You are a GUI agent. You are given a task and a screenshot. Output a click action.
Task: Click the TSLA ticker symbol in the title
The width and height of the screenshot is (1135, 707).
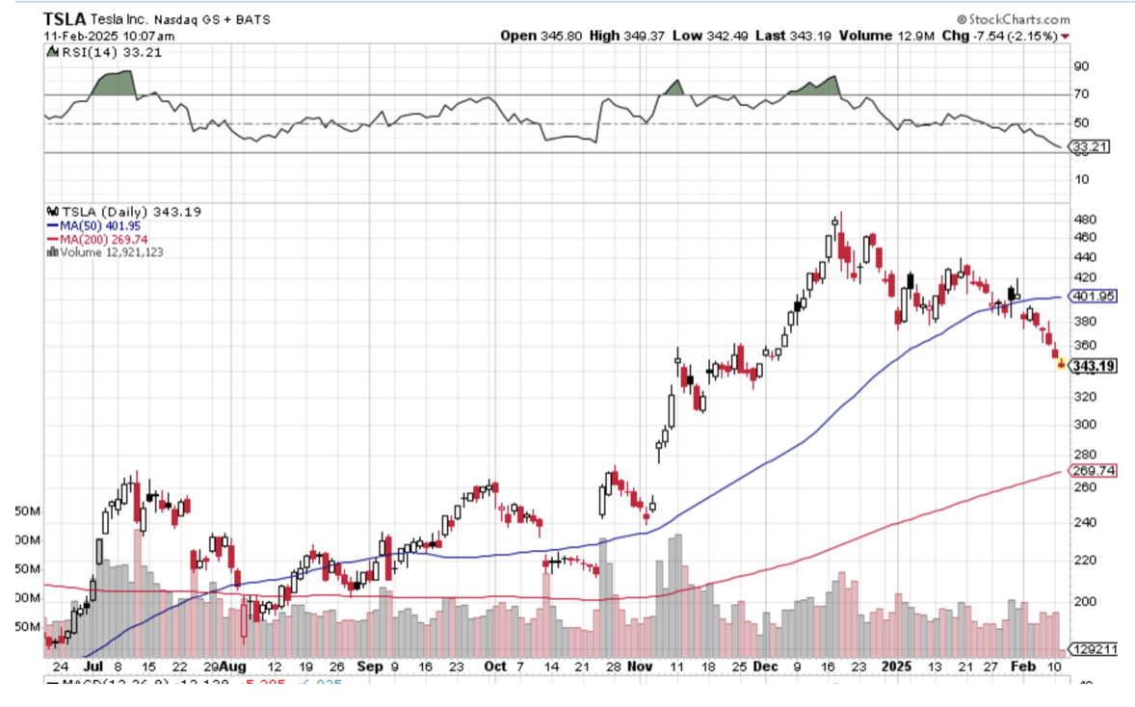click(x=65, y=18)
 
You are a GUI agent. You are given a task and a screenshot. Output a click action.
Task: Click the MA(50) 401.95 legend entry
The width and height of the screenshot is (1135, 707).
click(x=101, y=225)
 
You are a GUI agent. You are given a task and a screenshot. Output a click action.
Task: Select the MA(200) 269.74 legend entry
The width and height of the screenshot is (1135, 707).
click(x=103, y=239)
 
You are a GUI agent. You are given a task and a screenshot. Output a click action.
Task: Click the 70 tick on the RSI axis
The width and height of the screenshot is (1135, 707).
click(x=1082, y=94)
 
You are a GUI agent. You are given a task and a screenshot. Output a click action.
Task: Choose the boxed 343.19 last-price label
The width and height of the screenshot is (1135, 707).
click(x=1095, y=366)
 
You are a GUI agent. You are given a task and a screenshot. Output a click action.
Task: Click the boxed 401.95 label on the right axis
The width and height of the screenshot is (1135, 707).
click(x=1095, y=297)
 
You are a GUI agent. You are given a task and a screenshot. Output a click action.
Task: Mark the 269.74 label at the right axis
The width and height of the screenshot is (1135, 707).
click(x=1095, y=471)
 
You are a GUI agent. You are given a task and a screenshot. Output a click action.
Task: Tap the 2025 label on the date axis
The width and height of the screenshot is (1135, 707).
click(x=898, y=667)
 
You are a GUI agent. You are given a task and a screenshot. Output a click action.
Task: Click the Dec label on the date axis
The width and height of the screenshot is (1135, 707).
click(x=768, y=667)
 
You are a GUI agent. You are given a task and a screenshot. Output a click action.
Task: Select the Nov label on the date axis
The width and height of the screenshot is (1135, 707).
click(x=639, y=667)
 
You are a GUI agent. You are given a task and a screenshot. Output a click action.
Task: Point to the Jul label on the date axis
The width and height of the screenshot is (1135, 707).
click(x=93, y=667)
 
